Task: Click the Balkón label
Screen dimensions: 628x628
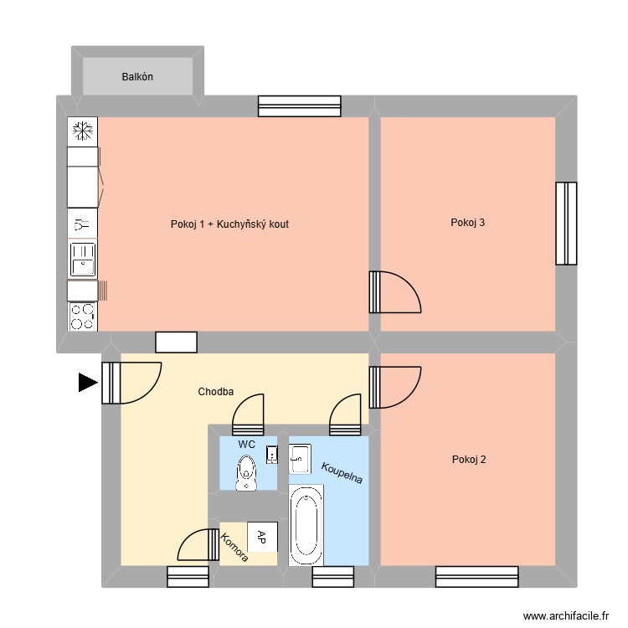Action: pyautogui.click(x=137, y=77)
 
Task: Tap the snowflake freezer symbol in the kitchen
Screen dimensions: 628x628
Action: pyautogui.click(x=82, y=131)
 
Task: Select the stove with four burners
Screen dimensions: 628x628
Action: pyautogui.click(x=82, y=317)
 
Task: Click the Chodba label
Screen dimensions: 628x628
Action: pyautogui.click(x=215, y=392)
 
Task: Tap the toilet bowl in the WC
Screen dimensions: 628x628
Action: pyautogui.click(x=246, y=473)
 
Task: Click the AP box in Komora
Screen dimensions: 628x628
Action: pyautogui.click(x=262, y=536)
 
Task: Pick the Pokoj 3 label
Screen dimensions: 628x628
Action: pyautogui.click(x=467, y=223)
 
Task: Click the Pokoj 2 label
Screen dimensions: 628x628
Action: pyautogui.click(x=468, y=459)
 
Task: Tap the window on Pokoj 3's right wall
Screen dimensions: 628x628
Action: pyautogui.click(x=566, y=223)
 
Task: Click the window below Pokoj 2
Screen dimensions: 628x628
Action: pyautogui.click(x=476, y=576)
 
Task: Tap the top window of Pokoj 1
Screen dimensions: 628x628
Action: pyautogui.click(x=299, y=106)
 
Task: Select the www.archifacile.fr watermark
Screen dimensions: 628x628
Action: pyautogui.click(x=567, y=615)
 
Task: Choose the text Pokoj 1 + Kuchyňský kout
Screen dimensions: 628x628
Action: pyautogui.click(x=229, y=224)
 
